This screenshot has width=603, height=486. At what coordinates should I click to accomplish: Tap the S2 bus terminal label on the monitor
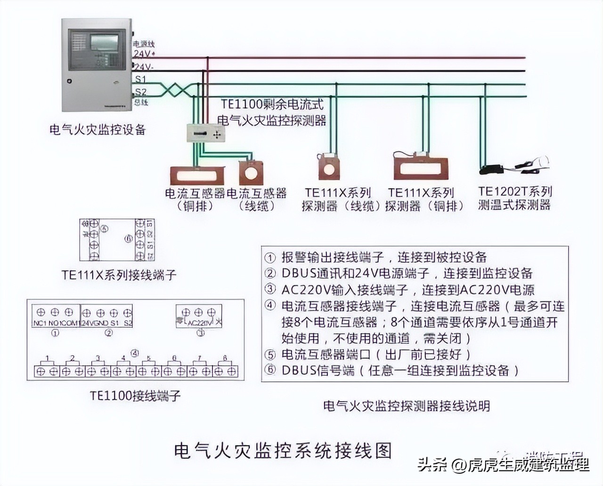pos(140,91)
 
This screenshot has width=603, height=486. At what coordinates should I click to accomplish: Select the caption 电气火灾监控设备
pos(98,130)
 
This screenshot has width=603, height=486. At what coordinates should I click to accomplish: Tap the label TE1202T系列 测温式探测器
pos(514,198)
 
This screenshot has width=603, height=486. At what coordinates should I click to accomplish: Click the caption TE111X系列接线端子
pos(119,275)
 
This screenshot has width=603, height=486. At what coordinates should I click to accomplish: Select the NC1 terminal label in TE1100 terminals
pos(40,324)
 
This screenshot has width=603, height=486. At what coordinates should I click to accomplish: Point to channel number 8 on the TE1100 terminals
pos(225,358)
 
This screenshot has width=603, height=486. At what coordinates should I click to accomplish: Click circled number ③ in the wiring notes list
pos(270,289)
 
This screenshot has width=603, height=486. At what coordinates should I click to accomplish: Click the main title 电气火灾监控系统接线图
pos(283,451)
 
